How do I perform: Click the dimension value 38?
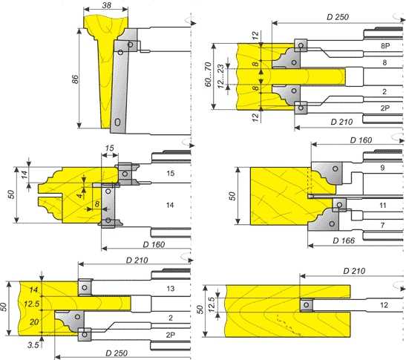(x=107, y=5)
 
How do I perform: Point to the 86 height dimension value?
(x=74, y=79)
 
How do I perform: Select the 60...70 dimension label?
(x=208, y=74)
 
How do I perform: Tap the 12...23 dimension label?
(x=220, y=76)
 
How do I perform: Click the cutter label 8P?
(x=385, y=46)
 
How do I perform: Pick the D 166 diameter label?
(x=344, y=240)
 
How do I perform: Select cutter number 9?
(x=382, y=168)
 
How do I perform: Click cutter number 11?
(x=383, y=206)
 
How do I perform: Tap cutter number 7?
(x=382, y=225)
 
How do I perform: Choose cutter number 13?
(x=171, y=289)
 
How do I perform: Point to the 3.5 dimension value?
(x=33, y=344)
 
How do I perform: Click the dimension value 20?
(x=34, y=322)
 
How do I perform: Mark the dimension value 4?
(x=80, y=195)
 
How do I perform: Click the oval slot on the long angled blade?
(x=117, y=122)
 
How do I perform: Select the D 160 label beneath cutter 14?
(x=154, y=244)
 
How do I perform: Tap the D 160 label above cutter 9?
(x=361, y=140)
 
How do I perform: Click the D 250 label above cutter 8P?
(x=338, y=17)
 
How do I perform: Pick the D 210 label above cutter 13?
(x=137, y=260)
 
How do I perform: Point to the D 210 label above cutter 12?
(x=354, y=271)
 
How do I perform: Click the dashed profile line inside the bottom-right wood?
(x=288, y=325)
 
